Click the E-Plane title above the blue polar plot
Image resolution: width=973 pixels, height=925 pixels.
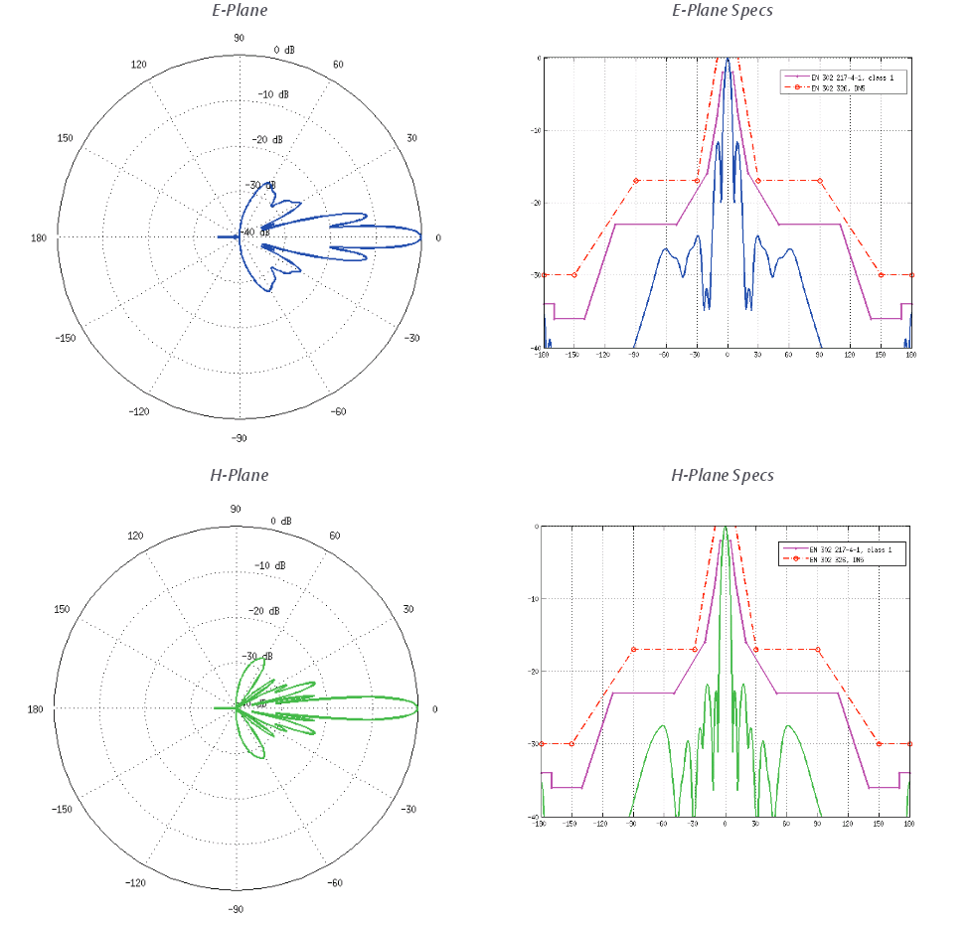(240, 11)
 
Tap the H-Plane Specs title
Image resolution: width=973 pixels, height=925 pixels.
(723, 475)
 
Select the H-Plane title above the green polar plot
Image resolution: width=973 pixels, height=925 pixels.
(239, 475)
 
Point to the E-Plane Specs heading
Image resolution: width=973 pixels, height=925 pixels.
(723, 11)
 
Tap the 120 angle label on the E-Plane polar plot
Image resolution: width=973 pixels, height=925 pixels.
(139, 65)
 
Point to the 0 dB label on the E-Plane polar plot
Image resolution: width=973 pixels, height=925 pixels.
(284, 50)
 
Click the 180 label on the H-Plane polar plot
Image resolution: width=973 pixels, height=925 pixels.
(39, 708)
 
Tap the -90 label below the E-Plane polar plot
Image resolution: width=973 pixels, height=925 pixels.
(239, 438)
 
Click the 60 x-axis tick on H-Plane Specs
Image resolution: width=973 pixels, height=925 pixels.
(787, 824)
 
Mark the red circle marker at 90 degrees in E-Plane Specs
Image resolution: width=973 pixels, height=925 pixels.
(820, 181)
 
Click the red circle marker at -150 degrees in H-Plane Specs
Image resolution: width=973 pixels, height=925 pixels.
(571, 743)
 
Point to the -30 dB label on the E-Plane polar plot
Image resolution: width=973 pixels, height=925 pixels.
(262, 186)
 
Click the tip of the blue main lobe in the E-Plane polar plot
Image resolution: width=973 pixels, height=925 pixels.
(421, 236)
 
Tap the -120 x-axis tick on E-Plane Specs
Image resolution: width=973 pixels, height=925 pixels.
(604, 354)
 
